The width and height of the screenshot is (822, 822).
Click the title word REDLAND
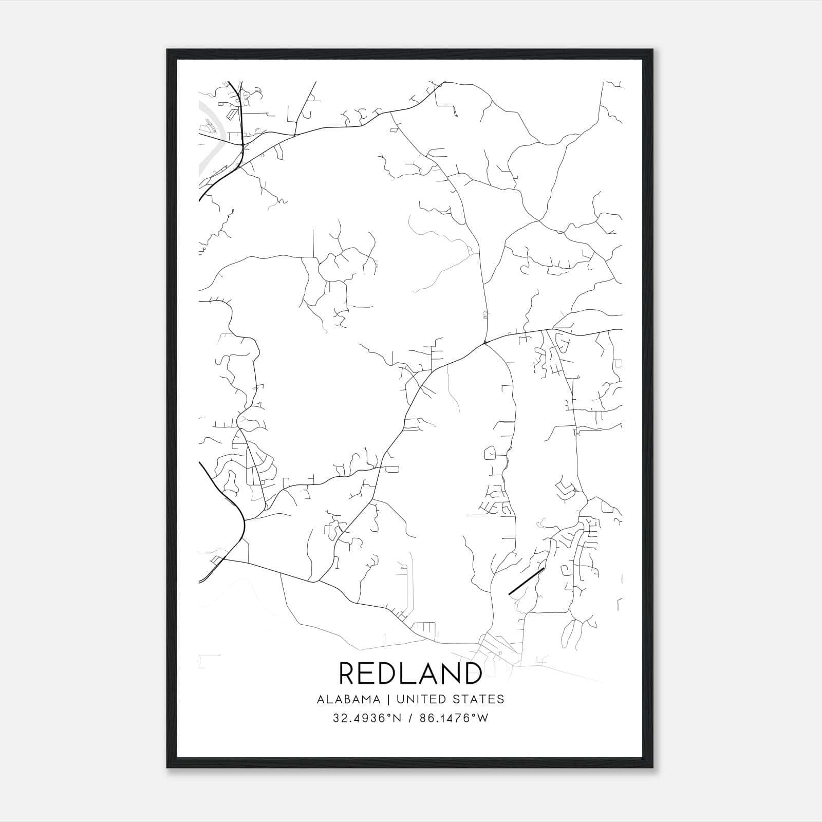point(410,673)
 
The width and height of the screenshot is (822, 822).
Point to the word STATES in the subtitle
point(479,699)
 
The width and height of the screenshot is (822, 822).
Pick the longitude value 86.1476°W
point(454,718)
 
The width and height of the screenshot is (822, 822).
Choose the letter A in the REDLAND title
point(425,673)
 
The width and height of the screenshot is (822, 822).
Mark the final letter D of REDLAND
point(471,673)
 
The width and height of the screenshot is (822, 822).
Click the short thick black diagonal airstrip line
point(526,581)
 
